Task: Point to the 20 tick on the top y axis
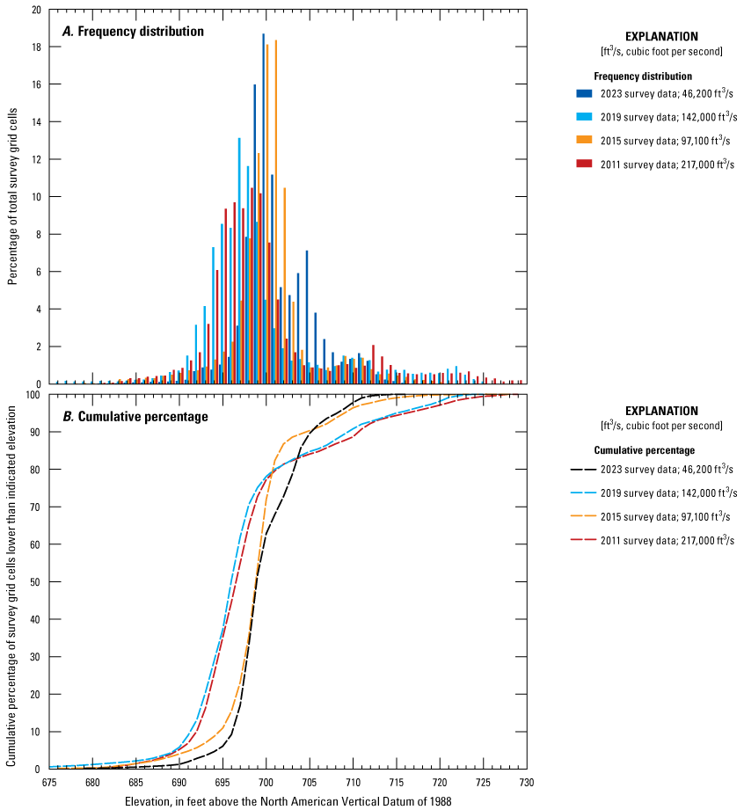[x=35, y=10]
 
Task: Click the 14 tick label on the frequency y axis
[x=35, y=122]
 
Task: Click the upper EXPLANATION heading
[x=661, y=37]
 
